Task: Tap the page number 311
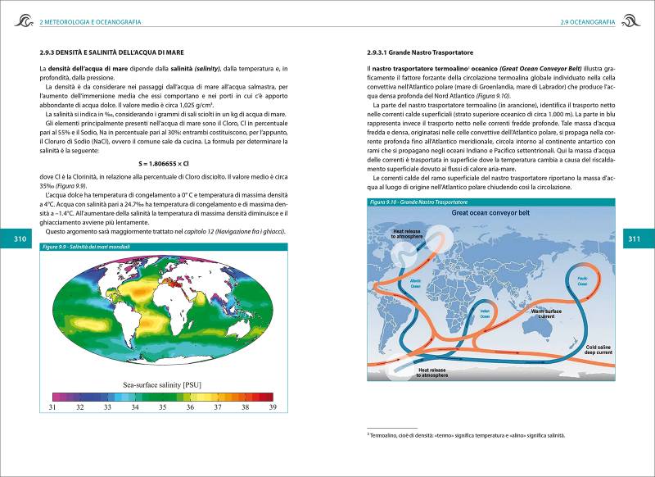634,238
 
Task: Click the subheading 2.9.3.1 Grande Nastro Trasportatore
421,53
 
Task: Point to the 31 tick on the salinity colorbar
52,407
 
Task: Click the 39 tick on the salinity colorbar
273,407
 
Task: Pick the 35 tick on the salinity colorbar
162,407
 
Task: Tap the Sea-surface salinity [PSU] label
161,384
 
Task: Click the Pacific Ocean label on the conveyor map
583,281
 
